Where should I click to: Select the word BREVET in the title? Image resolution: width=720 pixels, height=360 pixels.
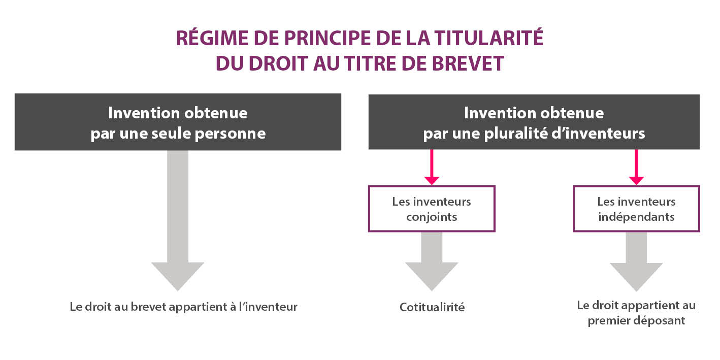point(468,63)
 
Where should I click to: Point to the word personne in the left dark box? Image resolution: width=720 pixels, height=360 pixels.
point(230,134)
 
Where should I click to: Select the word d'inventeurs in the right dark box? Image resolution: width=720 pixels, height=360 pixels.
point(598,134)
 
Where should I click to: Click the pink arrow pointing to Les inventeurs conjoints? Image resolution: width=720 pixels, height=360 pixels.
point(432,167)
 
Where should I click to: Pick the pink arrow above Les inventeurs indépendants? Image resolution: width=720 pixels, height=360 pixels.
point(636,167)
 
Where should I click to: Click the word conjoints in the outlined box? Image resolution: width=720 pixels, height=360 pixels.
point(432,217)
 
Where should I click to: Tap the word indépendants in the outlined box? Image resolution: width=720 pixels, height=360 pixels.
point(636,217)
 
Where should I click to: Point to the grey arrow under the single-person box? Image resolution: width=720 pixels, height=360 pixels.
point(178,221)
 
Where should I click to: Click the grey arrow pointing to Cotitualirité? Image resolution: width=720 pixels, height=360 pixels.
point(432,261)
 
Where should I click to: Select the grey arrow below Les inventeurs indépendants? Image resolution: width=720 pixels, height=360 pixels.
point(636,261)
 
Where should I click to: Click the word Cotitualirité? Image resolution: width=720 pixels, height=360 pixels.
point(432,307)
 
